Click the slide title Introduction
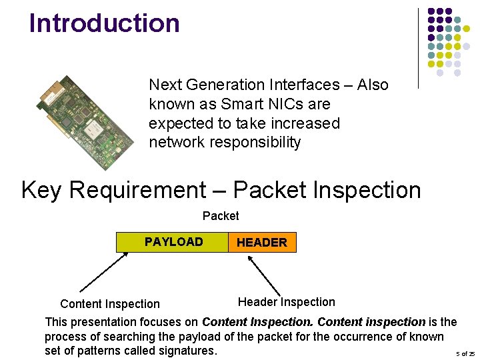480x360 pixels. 105,23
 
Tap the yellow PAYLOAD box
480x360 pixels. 172,242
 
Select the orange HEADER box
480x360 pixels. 262,243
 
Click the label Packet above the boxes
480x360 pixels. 221,216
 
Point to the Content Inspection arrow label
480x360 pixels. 110,304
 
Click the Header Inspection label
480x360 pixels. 286,302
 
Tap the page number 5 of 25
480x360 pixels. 465,353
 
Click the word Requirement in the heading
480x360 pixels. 137,190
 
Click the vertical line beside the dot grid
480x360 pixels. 418,48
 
